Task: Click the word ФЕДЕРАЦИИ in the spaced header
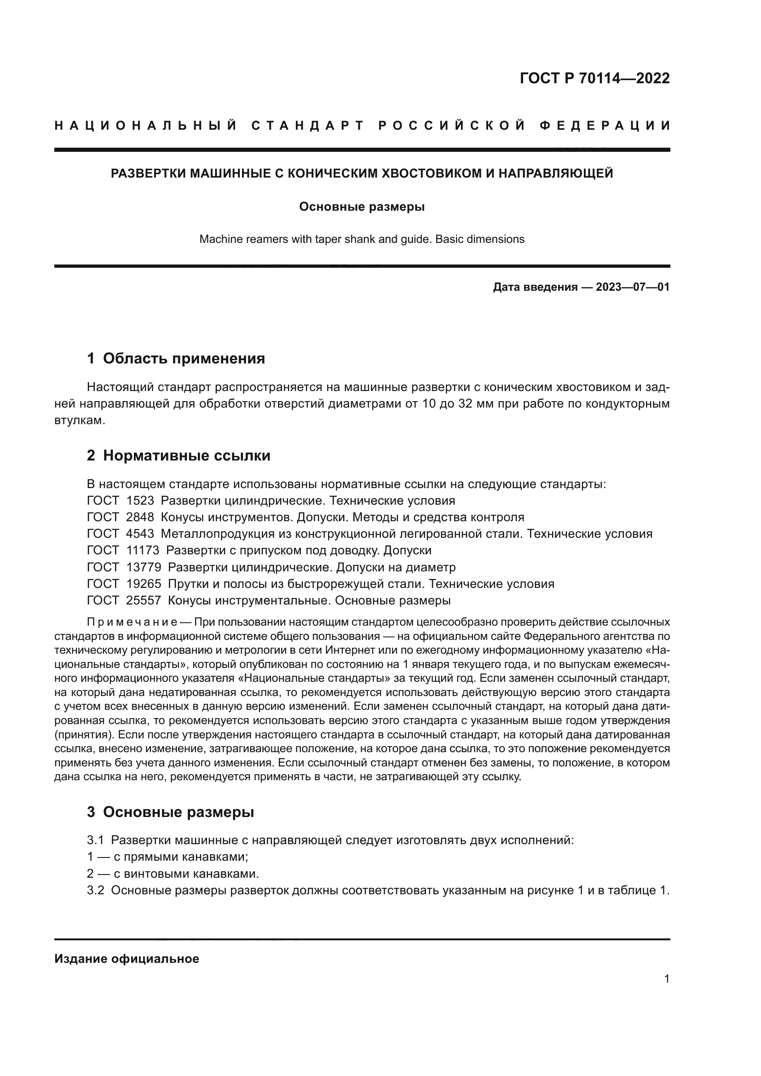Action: [604, 126]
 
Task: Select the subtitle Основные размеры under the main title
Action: [362, 207]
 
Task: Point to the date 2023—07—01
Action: [633, 287]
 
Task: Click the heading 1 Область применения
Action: [176, 358]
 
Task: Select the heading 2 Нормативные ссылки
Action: [179, 455]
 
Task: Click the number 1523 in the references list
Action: [140, 501]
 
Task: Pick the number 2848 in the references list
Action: [140, 518]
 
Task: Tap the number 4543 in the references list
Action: [140, 534]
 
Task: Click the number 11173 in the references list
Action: [143, 550]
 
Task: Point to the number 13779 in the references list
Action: [144, 567]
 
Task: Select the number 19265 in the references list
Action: [144, 584]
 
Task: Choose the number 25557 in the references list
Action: [144, 600]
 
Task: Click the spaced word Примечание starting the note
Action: [132, 622]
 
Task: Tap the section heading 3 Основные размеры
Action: [170, 811]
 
